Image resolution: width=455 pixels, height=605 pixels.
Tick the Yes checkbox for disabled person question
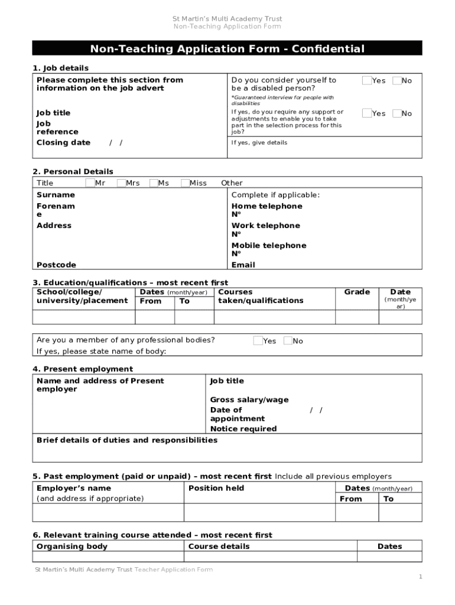[367, 80]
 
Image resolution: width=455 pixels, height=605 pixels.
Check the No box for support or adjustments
[396, 113]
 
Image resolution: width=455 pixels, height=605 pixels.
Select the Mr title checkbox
[90, 183]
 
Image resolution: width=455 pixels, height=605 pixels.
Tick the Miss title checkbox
[185, 183]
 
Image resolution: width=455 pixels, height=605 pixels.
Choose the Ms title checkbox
[154, 183]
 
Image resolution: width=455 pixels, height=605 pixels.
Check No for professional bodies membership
[288, 340]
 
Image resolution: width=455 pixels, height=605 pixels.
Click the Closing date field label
[63, 142]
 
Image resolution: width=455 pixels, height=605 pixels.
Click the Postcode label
[56, 265]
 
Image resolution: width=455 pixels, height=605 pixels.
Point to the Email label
[243, 265]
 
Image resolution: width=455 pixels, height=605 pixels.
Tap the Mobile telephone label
[268, 245]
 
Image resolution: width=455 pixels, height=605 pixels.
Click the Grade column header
[357, 292]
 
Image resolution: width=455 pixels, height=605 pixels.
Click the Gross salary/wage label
[249, 400]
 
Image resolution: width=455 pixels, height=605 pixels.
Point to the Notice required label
[243, 429]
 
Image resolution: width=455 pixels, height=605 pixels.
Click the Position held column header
[216, 488]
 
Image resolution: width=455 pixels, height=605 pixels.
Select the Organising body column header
[72, 547]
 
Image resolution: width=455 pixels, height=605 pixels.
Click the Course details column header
[219, 547]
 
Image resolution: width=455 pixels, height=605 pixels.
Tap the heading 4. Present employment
[83, 369]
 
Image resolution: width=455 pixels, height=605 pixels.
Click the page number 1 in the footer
[420, 577]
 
